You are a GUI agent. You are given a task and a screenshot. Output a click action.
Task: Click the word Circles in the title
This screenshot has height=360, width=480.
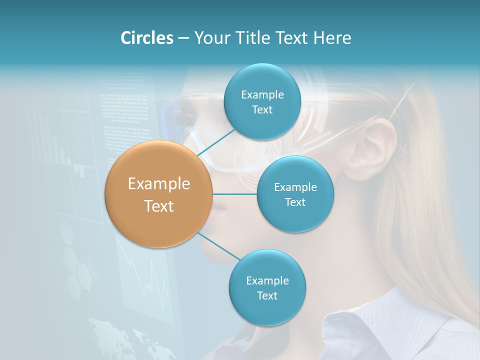pyautogui.click(x=147, y=38)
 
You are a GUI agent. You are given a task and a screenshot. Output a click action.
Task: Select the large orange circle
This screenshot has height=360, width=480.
pyautogui.click(x=159, y=194)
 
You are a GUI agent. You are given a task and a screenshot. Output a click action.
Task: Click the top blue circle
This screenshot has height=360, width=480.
pyautogui.click(x=262, y=101)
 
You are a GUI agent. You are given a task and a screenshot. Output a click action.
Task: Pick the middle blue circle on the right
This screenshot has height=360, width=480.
pyautogui.click(x=295, y=194)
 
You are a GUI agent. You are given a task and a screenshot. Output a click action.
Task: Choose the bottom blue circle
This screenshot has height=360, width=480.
pyautogui.click(x=267, y=287)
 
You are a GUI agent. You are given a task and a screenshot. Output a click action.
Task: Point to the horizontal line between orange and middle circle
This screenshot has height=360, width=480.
pyautogui.click(x=235, y=194)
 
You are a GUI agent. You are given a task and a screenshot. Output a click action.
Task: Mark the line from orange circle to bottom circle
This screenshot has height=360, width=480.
pyautogui.click(x=219, y=246)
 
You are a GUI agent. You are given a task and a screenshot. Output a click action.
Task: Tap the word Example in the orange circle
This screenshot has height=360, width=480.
pyautogui.click(x=159, y=184)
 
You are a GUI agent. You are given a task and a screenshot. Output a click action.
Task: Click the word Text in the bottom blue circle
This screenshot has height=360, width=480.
pyautogui.click(x=267, y=295)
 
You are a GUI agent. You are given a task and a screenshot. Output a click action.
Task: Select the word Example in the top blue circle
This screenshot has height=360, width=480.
pyautogui.click(x=262, y=94)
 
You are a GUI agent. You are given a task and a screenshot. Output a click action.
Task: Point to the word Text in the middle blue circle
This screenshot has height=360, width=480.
pyautogui.click(x=295, y=202)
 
